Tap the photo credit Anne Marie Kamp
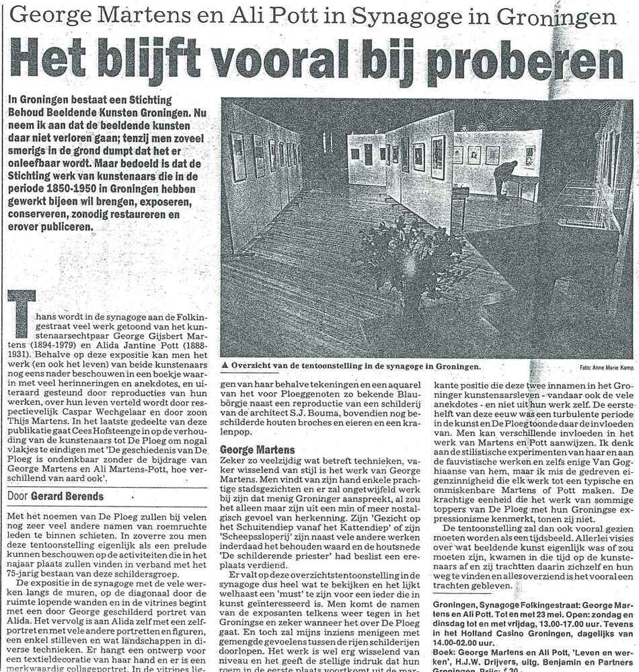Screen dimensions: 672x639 point(613,369)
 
